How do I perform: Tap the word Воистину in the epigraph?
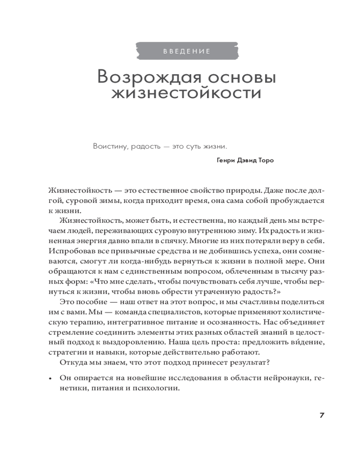tap(108, 147)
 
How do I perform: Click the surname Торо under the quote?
tap(264, 160)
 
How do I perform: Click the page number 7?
tap(322, 415)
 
